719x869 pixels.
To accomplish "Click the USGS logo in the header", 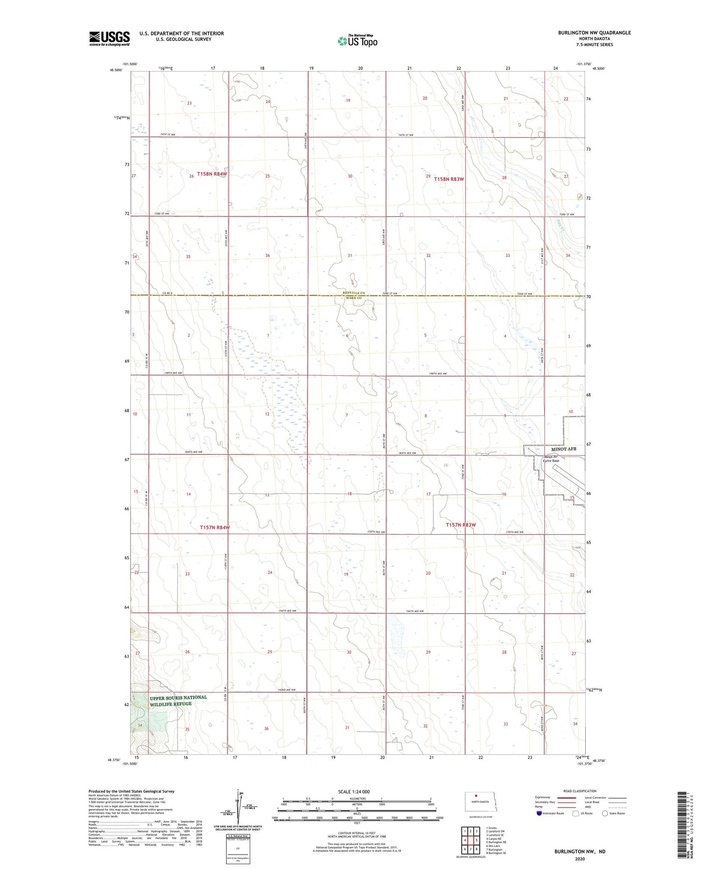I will point(109,38).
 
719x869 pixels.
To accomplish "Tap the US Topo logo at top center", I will point(357,41).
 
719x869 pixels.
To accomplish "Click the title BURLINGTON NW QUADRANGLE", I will point(594,33).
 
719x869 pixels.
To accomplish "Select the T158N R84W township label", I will point(211,174).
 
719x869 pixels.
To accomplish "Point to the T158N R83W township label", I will point(449,179).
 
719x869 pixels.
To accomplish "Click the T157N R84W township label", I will point(214,527).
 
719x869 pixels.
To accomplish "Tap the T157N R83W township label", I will point(461,525).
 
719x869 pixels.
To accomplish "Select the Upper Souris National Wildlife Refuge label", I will point(178,701).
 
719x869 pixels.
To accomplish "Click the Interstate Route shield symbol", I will point(539,813).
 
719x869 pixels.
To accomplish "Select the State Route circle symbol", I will point(605,813).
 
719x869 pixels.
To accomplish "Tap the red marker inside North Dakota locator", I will point(476,796).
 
